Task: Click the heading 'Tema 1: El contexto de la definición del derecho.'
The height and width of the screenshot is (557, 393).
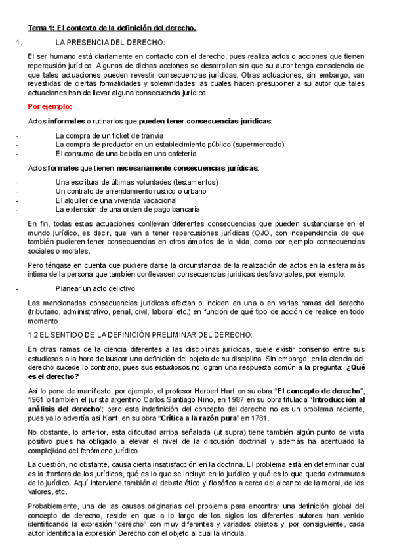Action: [112, 28]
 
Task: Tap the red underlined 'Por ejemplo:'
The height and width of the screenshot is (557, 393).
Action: [50, 106]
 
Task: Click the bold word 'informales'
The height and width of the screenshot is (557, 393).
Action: [66, 122]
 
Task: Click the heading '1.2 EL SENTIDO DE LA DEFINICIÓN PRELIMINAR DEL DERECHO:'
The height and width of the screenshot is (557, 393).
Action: [140, 334]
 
